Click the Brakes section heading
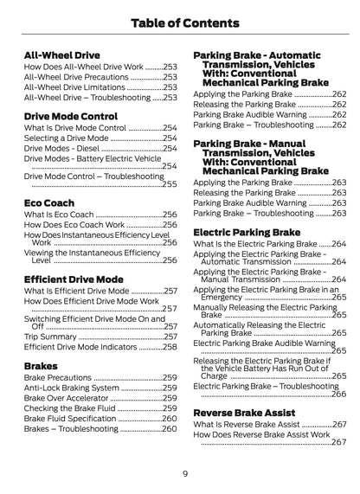click(x=42, y=365)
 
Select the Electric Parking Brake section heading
click(x=246, y=232)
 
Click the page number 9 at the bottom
click(x=185, y=473)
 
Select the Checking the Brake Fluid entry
click(x=75, y=416)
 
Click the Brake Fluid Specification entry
click(x=75, y=429)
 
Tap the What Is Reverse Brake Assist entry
click(x=249, y=425)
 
